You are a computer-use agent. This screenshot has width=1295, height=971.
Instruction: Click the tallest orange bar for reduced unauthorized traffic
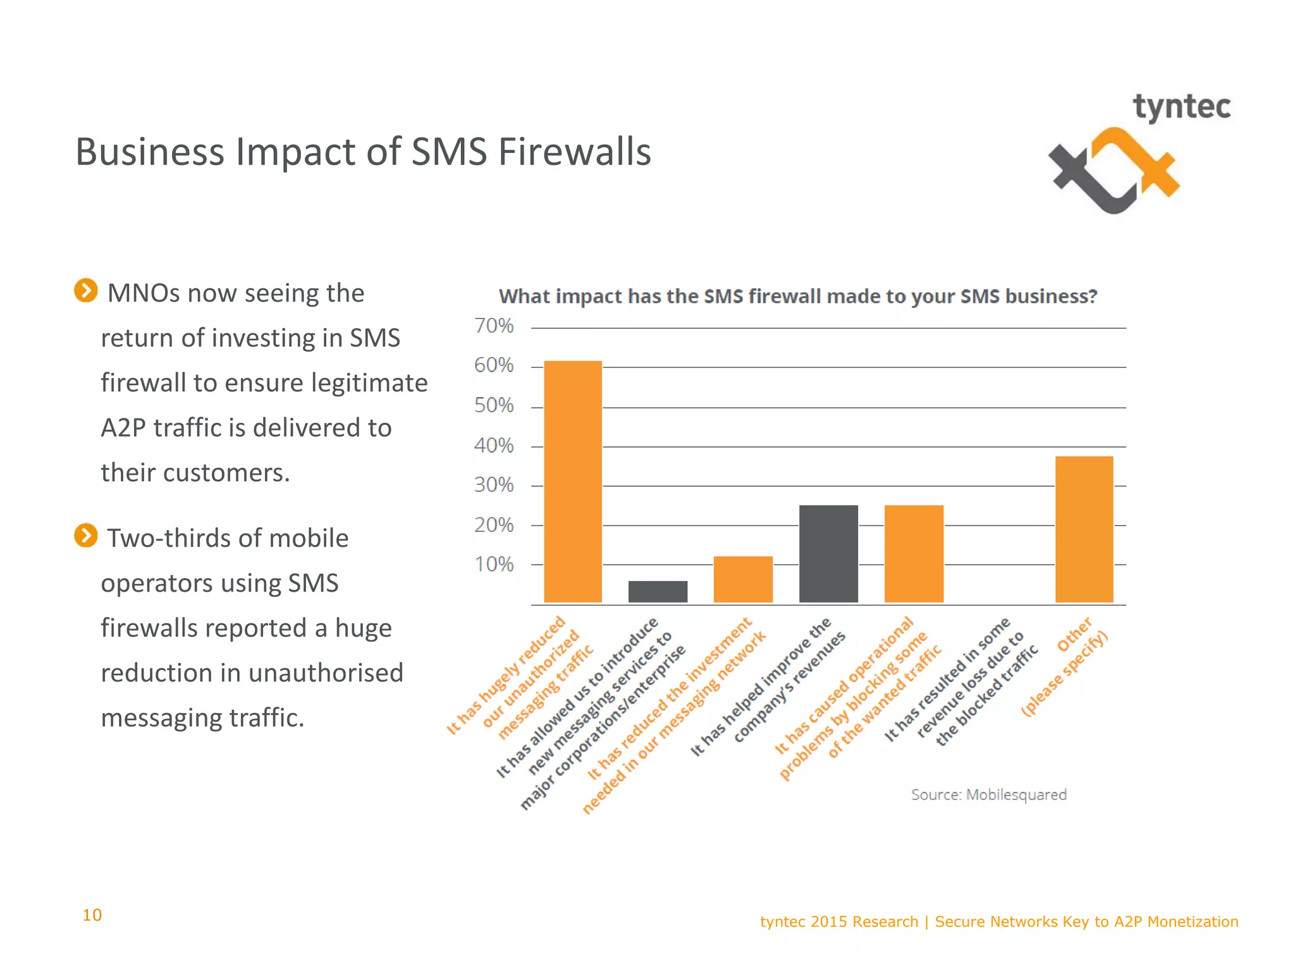coord(573,482)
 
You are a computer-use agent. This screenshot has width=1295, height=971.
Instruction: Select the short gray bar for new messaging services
coord(658,592)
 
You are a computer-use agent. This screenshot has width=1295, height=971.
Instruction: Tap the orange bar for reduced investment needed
coord(743,579)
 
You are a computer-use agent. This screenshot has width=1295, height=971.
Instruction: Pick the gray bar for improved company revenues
coord(828,554)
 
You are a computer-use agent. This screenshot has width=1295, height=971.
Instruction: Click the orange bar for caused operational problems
coord(914,554)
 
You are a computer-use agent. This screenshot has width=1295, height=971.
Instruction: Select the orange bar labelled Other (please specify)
coord(1084,529)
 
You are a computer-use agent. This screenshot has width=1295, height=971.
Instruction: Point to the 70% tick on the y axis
coord(494,326)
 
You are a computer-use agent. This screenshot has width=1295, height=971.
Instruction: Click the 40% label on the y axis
coord(494,446)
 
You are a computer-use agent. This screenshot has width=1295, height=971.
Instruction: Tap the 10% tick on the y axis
coord(494,565)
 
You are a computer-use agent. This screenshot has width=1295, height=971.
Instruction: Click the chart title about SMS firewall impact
coord(798,296)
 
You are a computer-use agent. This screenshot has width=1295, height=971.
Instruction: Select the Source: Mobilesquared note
coord(988,795)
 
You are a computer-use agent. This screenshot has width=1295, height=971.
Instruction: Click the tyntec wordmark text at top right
coord(1181,107)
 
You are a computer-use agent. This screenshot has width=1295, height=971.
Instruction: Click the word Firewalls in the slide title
coord(574,152)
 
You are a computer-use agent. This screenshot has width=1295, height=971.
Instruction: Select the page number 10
coord(92,915)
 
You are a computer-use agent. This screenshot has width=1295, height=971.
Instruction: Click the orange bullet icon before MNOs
coord(86,291)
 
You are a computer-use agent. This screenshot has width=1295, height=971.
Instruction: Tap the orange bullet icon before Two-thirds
coord(86,535)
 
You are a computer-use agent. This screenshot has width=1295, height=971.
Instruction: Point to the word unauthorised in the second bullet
coord(321,673)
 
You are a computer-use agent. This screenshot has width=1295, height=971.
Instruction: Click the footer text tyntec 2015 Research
coord(838,922)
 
